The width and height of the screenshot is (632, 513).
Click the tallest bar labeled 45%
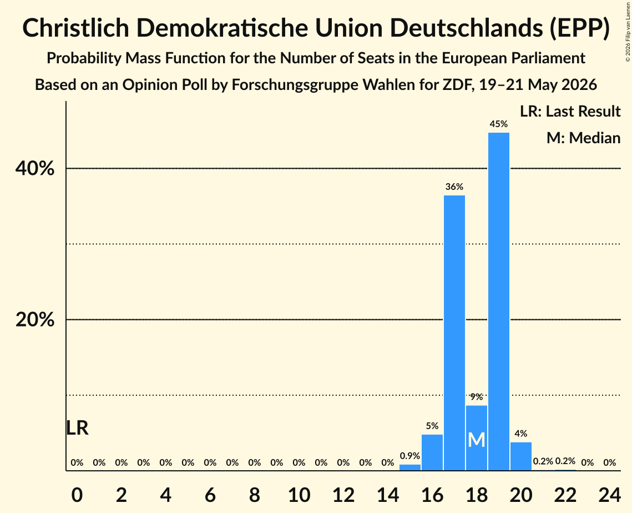click(499, 301)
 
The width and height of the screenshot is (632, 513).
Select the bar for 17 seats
click(454, 333)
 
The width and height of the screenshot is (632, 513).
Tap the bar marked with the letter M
click(477, 438)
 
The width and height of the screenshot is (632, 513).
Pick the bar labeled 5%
click(432, 452)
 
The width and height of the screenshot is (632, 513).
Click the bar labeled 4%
click(521, 456)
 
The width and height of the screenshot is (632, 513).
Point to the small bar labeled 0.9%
click(410, 467)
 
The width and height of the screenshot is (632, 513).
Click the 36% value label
click(454, 187)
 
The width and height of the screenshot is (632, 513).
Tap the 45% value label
click(499, 124)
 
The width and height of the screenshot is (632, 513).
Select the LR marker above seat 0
click(77, 428)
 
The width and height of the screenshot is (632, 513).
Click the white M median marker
click(477, 440)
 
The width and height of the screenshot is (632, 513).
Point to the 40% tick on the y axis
click(35, 168)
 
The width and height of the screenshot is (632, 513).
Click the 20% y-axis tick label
click(35, 319)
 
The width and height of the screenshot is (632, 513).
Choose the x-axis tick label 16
click(432, 495)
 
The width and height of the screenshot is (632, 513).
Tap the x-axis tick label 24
click(609, 495)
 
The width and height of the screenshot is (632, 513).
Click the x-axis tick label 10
click(299, 495)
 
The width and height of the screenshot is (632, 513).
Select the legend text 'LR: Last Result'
click(570, 111)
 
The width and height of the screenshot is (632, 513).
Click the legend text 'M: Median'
click(583, 138)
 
